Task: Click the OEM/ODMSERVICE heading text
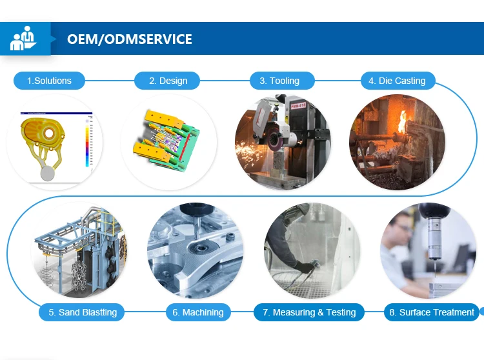130,39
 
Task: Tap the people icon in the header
23,38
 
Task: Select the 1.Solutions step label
49,81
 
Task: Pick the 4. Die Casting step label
398,81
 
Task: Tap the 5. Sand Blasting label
82,312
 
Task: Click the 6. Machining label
198,312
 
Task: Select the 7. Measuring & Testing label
309,312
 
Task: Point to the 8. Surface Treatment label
432,312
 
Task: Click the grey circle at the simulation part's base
48,174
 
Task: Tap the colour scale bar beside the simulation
87,142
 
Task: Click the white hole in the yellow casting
49,134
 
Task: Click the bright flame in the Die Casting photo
402,122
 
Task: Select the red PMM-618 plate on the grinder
298,106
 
